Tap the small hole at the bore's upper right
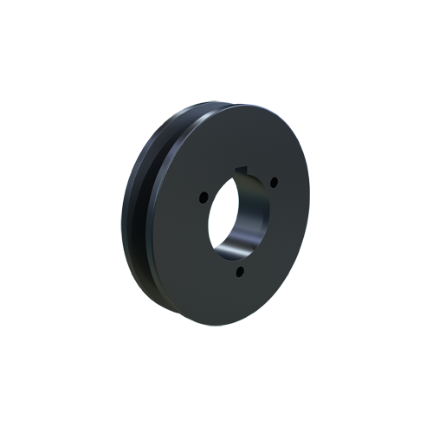click(x=274, y=182)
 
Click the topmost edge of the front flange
click(x=234, y=105)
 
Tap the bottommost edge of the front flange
click(x=221, y=325)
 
